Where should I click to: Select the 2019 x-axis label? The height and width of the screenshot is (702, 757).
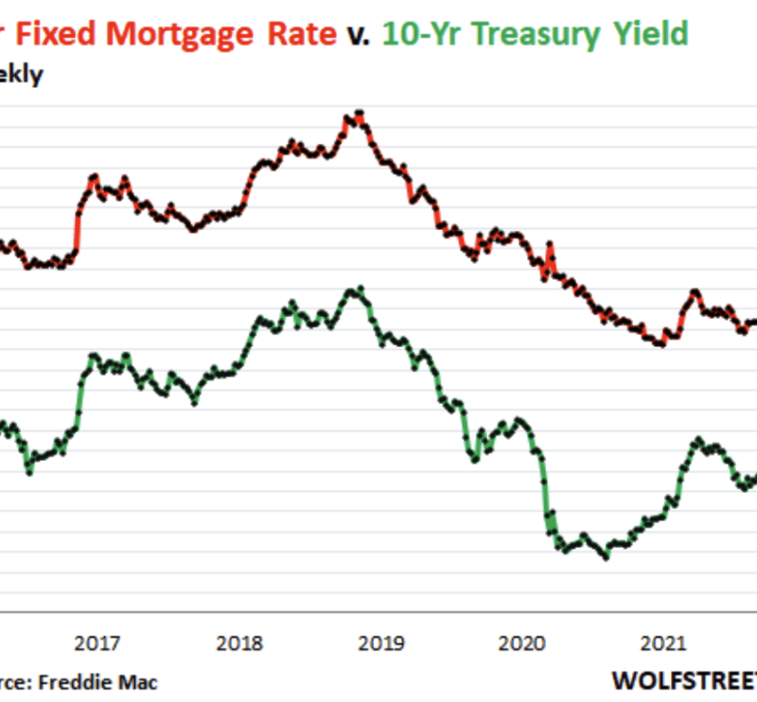tap(382, 644)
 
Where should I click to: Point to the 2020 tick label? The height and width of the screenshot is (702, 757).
tap(524, 644)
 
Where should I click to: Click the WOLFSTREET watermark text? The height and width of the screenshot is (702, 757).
tap(683, 680)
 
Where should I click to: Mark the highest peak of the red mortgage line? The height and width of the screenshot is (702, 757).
tap(358, 114)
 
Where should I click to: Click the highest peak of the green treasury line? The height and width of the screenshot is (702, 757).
tap(358, 289)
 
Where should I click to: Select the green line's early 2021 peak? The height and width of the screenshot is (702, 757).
tap(697, 440)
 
